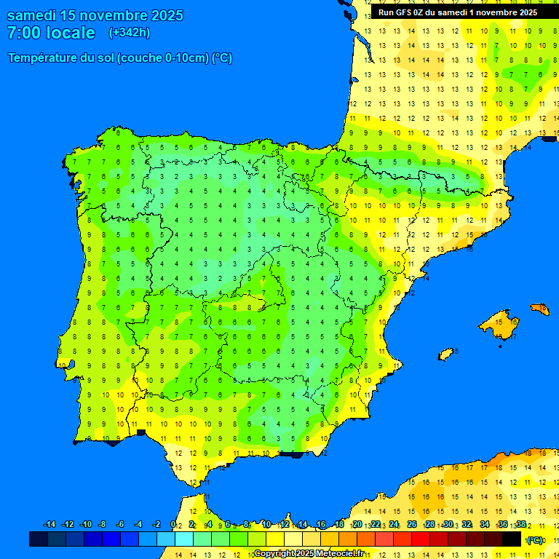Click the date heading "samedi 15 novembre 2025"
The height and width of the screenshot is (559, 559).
tap(95, 15)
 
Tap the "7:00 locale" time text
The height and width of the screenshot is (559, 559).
tap(51, 33)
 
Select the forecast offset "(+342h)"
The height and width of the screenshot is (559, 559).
tap(130, 33)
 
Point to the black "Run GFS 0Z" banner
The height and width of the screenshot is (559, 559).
tap(458, 12)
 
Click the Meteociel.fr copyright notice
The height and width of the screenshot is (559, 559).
tap(309, 554)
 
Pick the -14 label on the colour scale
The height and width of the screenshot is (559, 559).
tap(49, 525)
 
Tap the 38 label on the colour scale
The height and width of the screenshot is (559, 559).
tap(521, 525)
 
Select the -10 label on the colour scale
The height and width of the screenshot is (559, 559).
tap(85, 525)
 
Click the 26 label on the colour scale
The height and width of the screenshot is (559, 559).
tap(412, 525)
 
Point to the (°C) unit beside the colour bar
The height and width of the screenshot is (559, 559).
tap(535, 540)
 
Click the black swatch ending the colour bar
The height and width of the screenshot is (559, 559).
tap(512, 539)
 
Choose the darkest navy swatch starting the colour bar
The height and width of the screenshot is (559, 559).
tap(39, 539)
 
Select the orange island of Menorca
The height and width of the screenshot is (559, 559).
tap(539, 309)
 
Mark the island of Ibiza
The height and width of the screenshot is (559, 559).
tap(447, 354)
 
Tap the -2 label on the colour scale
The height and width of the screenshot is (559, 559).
tap(156, 525)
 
